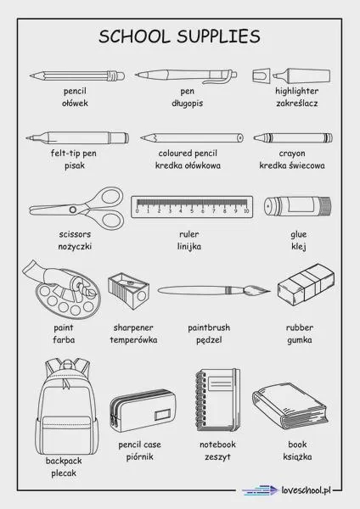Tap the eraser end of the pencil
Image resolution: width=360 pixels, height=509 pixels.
(x=121, y=76)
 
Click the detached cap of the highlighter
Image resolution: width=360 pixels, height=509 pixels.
(x=262, y=76)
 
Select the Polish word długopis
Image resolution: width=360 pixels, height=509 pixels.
(x=187, y=103)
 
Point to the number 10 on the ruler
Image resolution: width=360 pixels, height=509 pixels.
(x=246, y=211)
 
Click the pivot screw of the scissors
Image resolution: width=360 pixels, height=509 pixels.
(x=73, y=210)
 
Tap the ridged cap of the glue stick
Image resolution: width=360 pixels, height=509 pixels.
(x=326, y=206)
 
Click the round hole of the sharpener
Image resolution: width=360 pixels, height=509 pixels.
(x=141, y=296)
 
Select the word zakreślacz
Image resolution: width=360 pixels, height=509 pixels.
(x=297, y=103)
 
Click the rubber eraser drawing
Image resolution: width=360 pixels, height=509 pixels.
(x=306, y=282)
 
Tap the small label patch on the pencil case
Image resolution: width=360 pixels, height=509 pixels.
(x=162, y=415)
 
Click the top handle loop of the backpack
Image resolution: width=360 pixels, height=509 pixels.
(x=68, y=363)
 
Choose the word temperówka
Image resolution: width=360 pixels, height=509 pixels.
(x=133, y=340)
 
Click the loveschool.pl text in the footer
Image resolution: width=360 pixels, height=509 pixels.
(x=306, y=489)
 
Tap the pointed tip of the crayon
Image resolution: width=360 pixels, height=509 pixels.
(x=255, y=137)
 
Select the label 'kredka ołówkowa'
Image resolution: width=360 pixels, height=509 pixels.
(x=188, y=165)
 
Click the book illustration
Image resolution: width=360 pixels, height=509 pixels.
(x=290, y=406)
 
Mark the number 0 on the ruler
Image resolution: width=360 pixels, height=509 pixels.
(x=137, y=211)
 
